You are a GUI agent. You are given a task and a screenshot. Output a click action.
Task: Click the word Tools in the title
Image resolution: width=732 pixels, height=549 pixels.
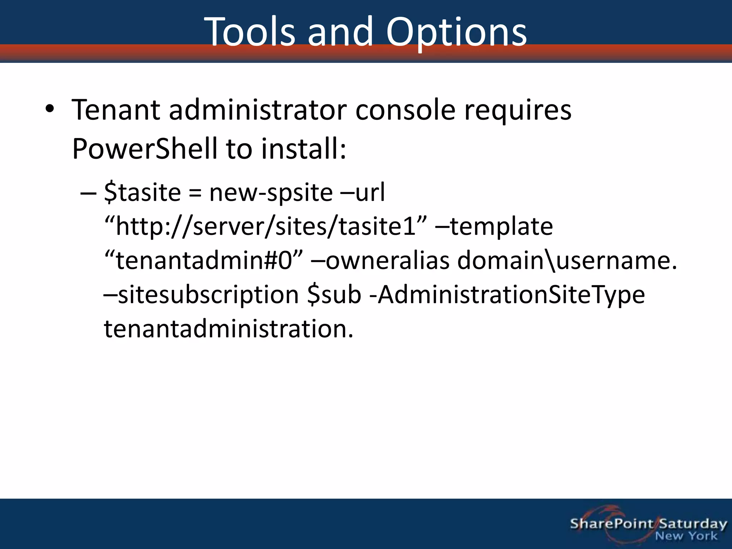(250, 32)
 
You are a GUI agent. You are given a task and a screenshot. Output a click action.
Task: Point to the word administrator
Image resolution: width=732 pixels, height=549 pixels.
(258, 110)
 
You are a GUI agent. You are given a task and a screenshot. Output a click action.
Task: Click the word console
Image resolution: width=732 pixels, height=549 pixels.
(405, 110)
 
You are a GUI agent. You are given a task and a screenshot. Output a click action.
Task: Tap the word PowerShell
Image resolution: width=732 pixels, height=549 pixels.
(144, 149)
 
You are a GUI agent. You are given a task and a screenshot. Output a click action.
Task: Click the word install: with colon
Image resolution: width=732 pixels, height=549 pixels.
(303, 149)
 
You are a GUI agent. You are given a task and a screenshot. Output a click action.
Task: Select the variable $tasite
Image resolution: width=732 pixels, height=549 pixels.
(143, 193)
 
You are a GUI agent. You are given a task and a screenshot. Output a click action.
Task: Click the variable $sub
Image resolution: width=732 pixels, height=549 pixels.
(334, 295)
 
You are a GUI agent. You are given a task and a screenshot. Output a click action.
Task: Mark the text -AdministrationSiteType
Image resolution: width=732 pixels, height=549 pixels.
(507, 295)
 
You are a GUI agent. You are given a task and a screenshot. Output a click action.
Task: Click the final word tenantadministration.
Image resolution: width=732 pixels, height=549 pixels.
(228, 329)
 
